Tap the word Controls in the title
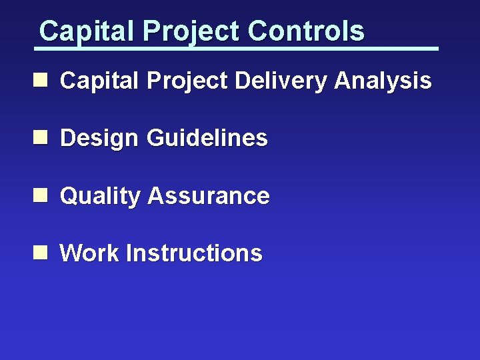pos(306,31)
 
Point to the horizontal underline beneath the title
pos(237,49)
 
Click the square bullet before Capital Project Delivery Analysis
pos(41,81)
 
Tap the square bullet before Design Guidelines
pos(41,138)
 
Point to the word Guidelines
pos(206,139)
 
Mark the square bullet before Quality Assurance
pos(41,195)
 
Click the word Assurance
pos(208,196)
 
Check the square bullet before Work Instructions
pos(41,253)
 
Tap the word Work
pos(90,253)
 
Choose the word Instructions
pos(194,253)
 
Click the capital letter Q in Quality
pos(69,196)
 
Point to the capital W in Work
pos(71,253)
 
